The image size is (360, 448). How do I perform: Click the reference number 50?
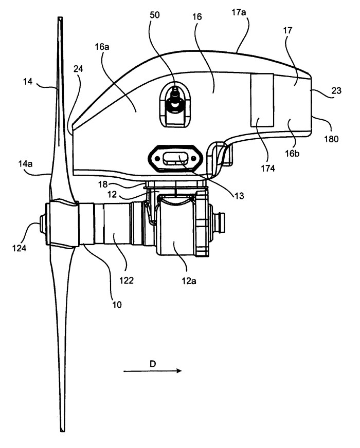click(155, 14)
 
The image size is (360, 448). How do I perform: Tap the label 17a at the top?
click(239, 13)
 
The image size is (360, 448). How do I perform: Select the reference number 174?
click(268, 169)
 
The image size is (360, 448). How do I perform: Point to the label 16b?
click(292, 154)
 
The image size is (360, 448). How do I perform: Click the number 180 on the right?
click(331, 139)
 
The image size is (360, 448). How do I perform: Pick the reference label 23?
click(336, 90)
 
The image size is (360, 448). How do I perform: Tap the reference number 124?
click(19, 248)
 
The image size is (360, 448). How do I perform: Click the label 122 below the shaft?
click(126, 281)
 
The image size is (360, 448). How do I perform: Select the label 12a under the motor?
click(189, 281)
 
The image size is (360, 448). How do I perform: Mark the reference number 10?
click(117, 305)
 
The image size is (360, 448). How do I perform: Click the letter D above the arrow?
click(153, 364)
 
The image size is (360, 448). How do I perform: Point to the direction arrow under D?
click(152, 371)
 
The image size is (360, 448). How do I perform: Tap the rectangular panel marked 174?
click(262, 100)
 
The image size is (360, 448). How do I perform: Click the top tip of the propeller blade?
click(60, 18)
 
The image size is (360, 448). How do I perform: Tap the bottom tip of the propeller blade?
click(62, 431)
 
